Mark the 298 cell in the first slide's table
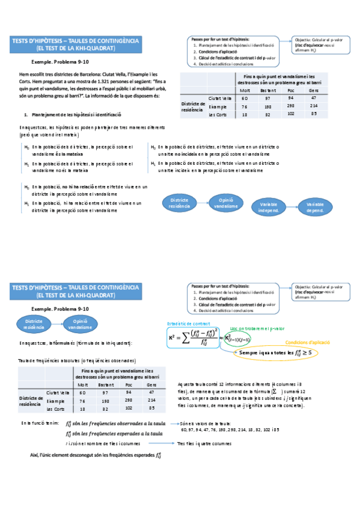click(x=290, y=106)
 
